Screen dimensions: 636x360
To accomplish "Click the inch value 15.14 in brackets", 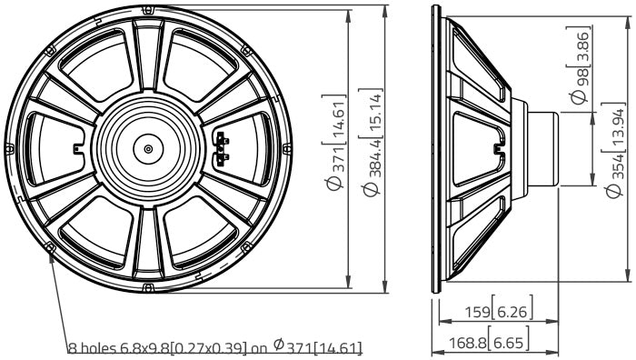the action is [374, 114].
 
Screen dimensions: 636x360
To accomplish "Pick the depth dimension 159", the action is [477, 312].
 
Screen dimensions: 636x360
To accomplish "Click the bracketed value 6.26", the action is [512, 312].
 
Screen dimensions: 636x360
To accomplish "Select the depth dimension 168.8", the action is [468, 344].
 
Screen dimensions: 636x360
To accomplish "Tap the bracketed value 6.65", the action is [509, 344].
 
